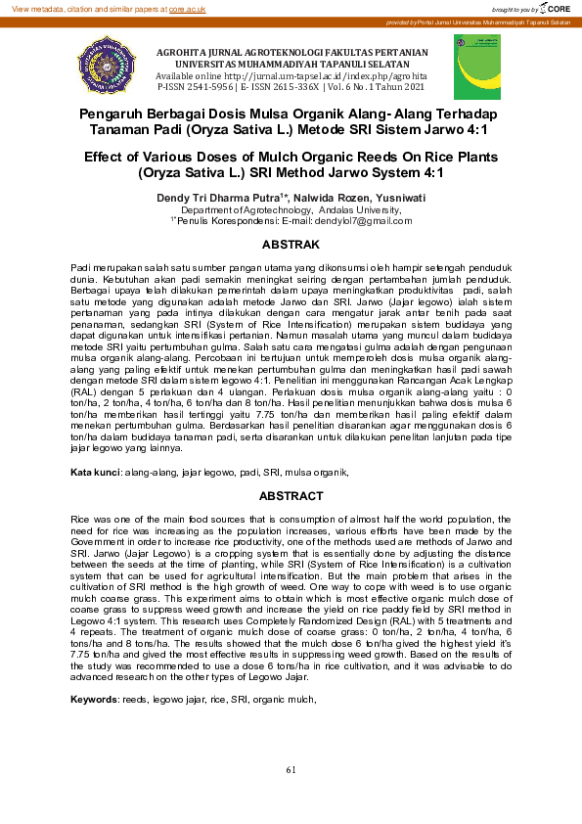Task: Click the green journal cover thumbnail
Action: [476, 66]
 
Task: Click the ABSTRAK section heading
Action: [291, 243]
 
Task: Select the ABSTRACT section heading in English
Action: [291, 496]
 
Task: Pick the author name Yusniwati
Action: [401, 198]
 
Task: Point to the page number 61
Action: [291, 770]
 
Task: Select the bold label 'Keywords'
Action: [94, 700]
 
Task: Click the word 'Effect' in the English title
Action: [106, 158]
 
